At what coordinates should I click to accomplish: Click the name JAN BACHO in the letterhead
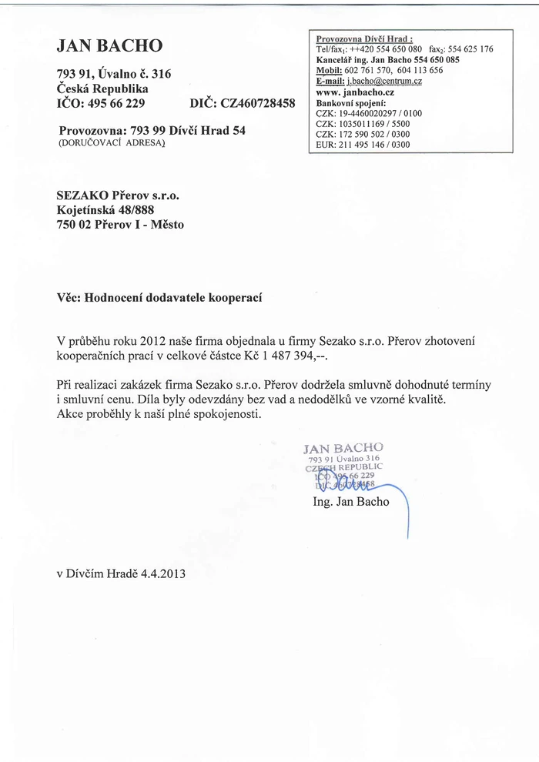[x=109, y=46]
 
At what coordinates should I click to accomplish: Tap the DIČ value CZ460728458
[x=256, y=102]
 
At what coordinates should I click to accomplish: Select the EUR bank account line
[x=363, y=143]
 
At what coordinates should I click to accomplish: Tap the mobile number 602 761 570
[x=367, y=70]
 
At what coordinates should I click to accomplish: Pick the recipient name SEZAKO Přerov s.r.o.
[x=118, y=196]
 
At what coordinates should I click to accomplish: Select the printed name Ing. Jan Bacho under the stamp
[x=351, y=502]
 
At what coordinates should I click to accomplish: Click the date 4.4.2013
[x=163, y=573]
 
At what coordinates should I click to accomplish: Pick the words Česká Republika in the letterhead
[x=102, y=88]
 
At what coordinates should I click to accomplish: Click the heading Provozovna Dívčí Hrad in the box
[x=365, y=38]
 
